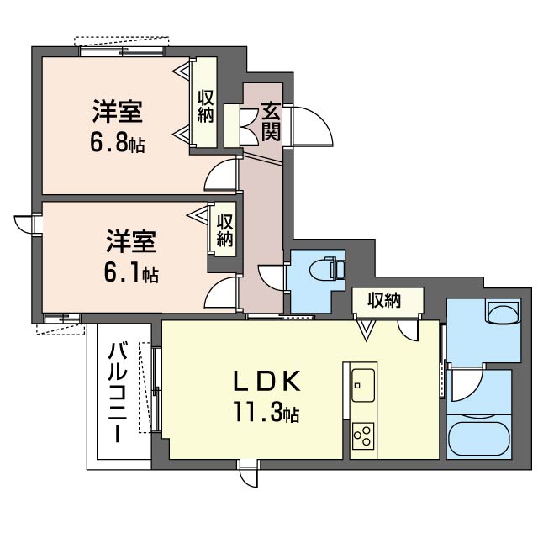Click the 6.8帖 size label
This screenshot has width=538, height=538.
tap(118, 143)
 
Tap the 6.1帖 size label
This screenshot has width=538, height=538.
tap(131, 273)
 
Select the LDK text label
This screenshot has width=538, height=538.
tap(266, 382)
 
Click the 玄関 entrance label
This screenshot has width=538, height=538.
tap(270, 119)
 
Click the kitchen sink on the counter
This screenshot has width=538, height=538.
tap(363, 386)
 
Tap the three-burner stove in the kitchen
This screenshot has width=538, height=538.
tap(363, 435)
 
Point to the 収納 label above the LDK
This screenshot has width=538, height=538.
tap(383, 299)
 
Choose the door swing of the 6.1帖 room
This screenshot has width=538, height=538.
tap(221, 297)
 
